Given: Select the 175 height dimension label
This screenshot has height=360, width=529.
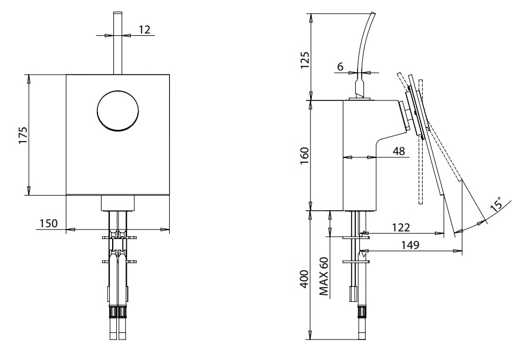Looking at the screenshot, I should tap(22, 134).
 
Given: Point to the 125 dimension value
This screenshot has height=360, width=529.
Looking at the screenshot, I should tap(305, 59).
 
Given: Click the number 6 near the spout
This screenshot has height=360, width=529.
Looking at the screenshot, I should tap(340, 67).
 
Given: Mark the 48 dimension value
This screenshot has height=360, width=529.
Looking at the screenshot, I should tap(399, 151).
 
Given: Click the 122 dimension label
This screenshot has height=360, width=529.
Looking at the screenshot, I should tap(402, 227).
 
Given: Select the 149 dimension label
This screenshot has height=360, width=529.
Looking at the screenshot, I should tap(410, 245).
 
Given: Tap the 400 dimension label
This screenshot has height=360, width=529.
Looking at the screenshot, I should tap(305, 278).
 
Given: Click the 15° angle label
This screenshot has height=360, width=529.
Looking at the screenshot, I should tap(497, 205).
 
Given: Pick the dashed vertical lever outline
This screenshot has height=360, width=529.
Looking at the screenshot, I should tap(421, 170).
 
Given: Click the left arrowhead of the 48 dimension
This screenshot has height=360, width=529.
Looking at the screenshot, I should tap(345, 157).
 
